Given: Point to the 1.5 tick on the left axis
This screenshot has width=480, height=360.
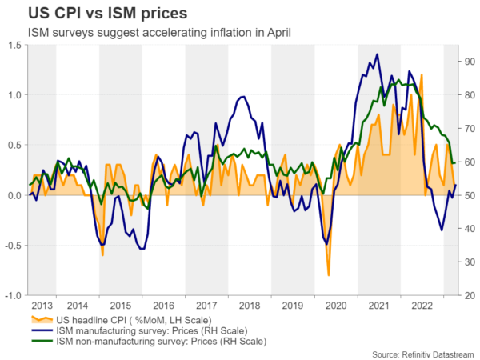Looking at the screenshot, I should [x=13, y=46].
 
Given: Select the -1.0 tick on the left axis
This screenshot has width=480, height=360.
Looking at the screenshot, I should [x=11, y=296].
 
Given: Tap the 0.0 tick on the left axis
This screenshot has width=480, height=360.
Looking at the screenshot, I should [x=13, y=196].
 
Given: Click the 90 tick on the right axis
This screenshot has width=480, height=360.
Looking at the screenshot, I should [x=466, y=61].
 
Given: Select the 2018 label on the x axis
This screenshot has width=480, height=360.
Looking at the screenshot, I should [x=250, y=305].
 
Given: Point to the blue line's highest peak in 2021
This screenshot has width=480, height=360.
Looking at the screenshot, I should [x=378, y=54].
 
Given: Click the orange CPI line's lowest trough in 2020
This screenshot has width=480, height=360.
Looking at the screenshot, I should [x=328, y=275].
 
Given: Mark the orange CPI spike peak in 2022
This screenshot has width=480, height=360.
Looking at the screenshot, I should [x=422, y=75].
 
